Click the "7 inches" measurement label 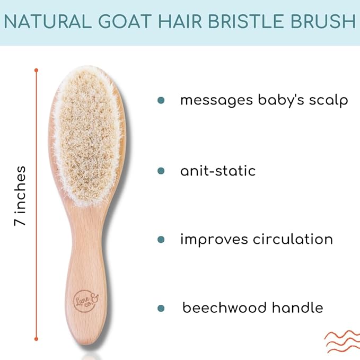pos(20,196)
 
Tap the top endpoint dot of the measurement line pos(36,69)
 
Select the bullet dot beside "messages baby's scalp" pos(161,100)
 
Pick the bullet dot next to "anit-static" pos(161,171)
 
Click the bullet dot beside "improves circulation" pos(161,240)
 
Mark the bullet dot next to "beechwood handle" pos(161,308)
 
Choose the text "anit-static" pos(218,171)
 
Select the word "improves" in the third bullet pos(212,240)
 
